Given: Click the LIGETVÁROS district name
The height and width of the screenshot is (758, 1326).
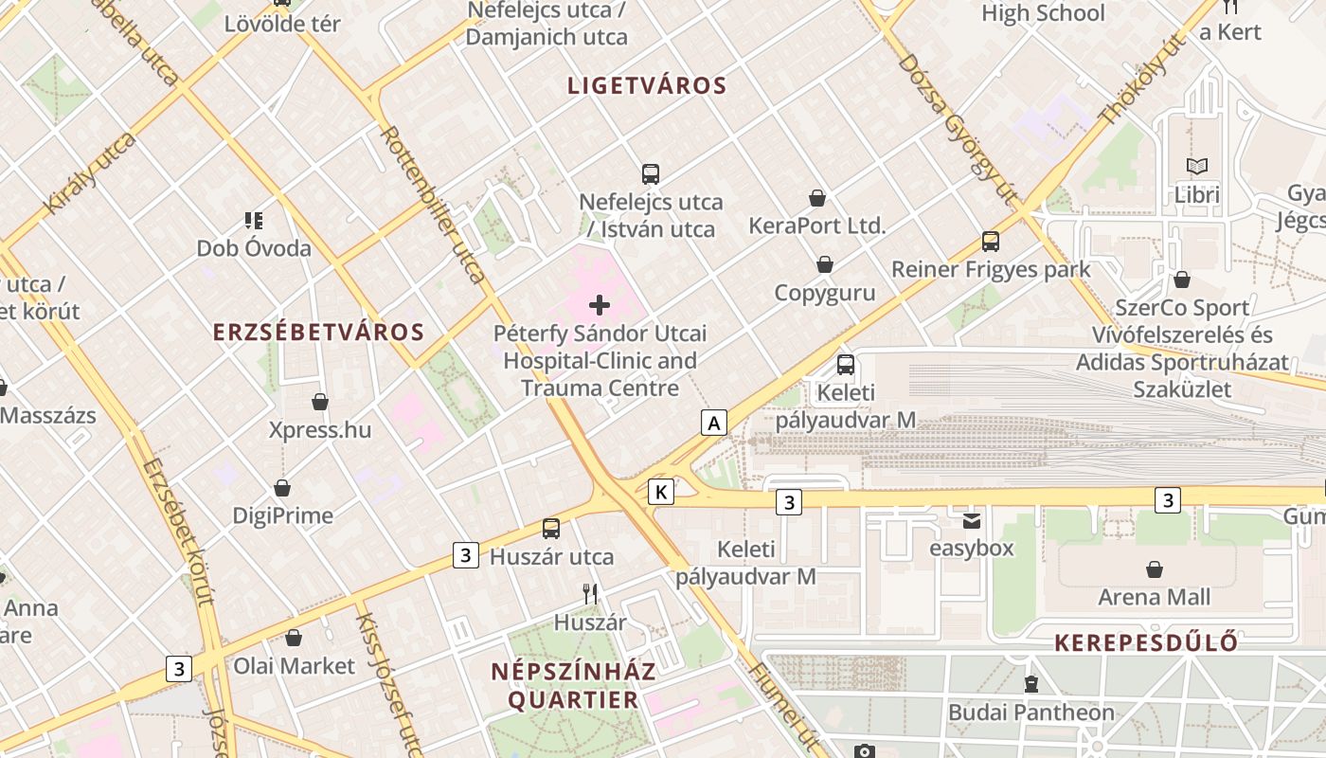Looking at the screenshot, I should click(647, 85).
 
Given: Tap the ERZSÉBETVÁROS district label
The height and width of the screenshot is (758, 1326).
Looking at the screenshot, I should click(318, 332).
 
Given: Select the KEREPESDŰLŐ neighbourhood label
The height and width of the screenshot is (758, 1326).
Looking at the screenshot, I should click(1146, 642).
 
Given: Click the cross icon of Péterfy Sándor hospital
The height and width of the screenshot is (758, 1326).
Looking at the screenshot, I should click(600, 305).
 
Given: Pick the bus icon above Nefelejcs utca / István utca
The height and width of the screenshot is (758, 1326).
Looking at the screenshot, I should click(651, 174).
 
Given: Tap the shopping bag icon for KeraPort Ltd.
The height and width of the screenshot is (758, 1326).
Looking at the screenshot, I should click(816, 198).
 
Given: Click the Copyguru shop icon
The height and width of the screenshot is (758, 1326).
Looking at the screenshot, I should click(825, 264).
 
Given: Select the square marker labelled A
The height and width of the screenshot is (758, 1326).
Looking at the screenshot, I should click(714, 422).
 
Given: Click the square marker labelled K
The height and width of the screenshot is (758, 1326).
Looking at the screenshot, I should click(661, 492).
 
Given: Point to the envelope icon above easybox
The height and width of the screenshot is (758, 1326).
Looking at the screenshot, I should click(972, 520).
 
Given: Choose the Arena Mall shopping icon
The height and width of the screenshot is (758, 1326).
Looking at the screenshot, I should click(1154, 569).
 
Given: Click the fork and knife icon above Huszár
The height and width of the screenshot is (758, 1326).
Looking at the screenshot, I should click(590, 594).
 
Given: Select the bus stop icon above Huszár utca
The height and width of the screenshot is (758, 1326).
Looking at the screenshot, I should click(551, 529).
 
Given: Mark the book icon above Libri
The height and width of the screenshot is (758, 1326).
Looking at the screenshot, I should click(1197, 167).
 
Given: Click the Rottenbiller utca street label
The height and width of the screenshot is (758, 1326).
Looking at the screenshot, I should click(433, 204).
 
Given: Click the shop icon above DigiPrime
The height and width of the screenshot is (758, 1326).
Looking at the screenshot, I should click(282, 488).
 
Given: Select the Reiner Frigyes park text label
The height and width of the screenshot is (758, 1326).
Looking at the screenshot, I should click(991, 269).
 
